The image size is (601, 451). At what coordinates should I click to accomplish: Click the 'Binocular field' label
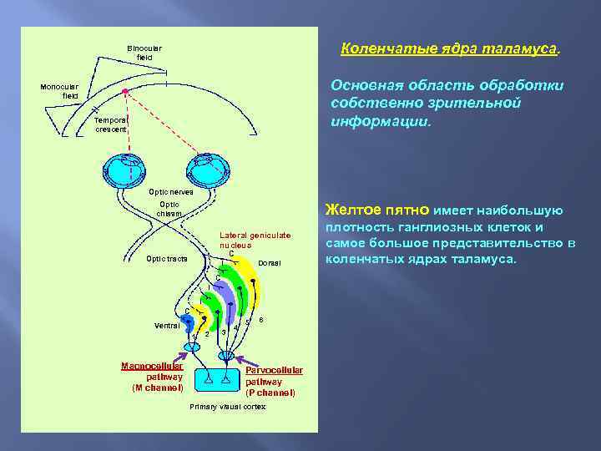click(144, 52)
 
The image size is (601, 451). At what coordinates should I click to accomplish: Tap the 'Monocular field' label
click(60, 91)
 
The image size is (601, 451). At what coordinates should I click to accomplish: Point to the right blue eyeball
click(207, 170)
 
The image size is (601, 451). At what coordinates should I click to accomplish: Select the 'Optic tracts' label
click(167, 259)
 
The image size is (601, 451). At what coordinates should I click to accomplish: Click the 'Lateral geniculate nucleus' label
click(255, 241)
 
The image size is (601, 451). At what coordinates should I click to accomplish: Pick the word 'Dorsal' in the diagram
click(270, 264)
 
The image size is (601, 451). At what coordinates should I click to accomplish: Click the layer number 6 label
click(261, 320)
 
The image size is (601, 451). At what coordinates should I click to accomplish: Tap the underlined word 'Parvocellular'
click(275, 370)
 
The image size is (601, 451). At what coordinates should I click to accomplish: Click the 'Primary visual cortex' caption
click(228, 406)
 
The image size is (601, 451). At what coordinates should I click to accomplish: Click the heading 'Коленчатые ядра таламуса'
click(449, 49)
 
